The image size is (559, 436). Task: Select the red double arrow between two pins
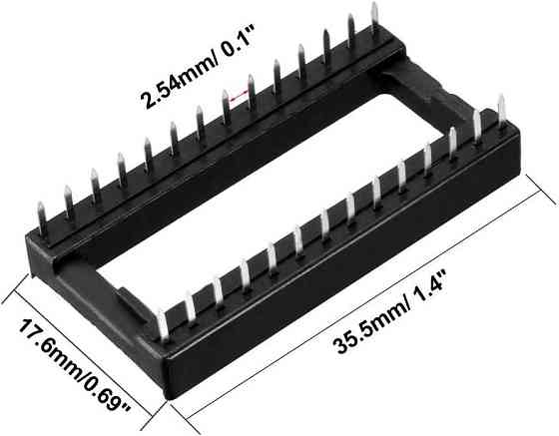[x=238, y=98]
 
